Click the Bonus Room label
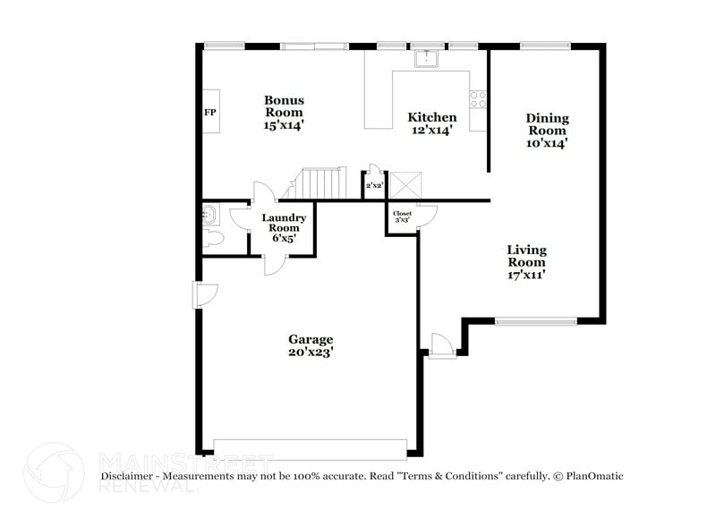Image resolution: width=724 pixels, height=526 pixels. point(284,113)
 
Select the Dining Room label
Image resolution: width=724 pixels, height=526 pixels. point(547,130)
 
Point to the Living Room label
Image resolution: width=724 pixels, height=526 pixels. point(526,262)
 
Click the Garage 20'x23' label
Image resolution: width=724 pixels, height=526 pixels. point(311,345)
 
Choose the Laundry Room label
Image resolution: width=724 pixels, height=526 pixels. point(284,228)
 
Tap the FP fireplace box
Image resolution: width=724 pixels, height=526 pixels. point(211,112)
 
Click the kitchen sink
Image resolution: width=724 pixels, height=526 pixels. point(425,59)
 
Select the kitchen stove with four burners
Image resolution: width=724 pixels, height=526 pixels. point(478,99)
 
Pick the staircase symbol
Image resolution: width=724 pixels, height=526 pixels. point(322,183)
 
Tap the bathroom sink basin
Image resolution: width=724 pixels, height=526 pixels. point(209,215)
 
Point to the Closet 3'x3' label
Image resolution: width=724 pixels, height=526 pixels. point(402,217)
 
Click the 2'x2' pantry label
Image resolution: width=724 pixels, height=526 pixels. point(374,185)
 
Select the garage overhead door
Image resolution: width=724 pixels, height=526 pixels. point(311,448)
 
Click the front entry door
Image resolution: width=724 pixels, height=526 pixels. point(441,345)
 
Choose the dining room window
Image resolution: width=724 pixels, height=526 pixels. point(546,45)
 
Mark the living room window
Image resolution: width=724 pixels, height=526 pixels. point(535,321)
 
